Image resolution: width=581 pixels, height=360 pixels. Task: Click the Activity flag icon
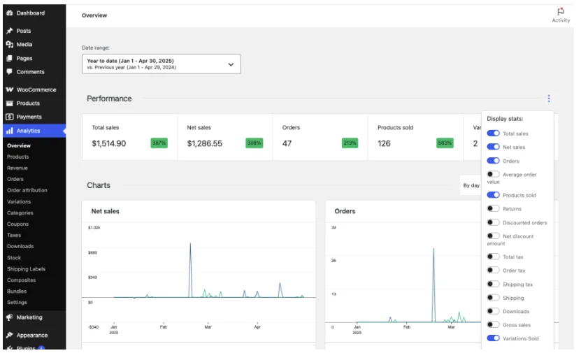click(x=561, y=12)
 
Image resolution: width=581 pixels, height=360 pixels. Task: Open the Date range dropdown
click(x=162, y=64)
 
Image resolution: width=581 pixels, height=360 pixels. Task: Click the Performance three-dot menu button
click(x=549, y=99)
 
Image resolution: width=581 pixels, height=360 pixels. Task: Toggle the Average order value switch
click(x=494, y=175)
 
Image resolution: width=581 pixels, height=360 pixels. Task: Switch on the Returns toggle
click(x=494, y=208)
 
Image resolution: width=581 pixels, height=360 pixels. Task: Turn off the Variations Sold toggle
click(x=494, y=338)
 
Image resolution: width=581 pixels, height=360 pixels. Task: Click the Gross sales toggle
click(x=494, y=325)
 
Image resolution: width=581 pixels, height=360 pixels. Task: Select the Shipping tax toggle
click(x=494, y=285)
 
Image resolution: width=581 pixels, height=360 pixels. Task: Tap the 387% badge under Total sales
click(x=159, y=143)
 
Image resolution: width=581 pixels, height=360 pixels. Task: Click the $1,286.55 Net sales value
click(x=205, y=143)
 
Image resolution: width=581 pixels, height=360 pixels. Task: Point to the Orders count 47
click(x=287, y=143)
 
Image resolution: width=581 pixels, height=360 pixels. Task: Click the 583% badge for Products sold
click(x=445, y=143)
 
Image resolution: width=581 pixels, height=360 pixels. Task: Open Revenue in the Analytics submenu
click(x=17, y=168)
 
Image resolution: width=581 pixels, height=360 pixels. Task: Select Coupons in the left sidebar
click(x=18, y=224)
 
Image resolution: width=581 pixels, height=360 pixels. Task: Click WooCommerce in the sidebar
click(x=36, y=89)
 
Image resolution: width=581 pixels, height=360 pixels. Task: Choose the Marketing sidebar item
click(x=29, y=317)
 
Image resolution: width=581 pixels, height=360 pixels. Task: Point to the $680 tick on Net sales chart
click(x=93, y=252)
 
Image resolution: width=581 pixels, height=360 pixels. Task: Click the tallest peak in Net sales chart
click(x=190, y=244)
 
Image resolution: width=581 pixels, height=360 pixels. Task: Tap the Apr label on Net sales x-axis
click(x=257, y=326)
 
